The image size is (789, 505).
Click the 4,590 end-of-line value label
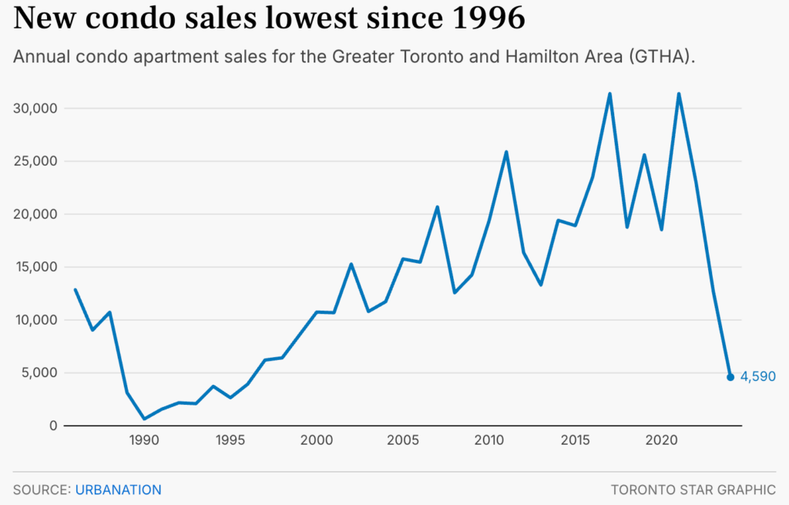[757, 377]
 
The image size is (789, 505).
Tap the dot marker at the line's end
[730, 377]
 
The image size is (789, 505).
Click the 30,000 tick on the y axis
[36, 109]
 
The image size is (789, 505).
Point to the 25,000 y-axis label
[36, 162]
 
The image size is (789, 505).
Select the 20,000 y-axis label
[36, 214]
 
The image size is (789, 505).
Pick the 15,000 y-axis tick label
[36, 268]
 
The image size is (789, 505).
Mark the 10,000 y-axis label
[36, 320]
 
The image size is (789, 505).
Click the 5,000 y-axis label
[39, 373]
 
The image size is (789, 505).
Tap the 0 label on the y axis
[54, 426]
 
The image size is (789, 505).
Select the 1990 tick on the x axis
[144, 441]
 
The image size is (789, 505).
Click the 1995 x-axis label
[230, 441]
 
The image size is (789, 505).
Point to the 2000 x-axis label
[317, 441]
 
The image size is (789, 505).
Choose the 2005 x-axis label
[403, 441]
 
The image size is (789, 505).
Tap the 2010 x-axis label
[489, 441]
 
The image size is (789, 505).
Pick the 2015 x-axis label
[576, 441]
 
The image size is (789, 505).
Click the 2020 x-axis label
[662, 441]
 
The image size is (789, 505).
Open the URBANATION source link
[118, 490]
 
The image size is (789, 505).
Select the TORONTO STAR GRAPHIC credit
[693, 490]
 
